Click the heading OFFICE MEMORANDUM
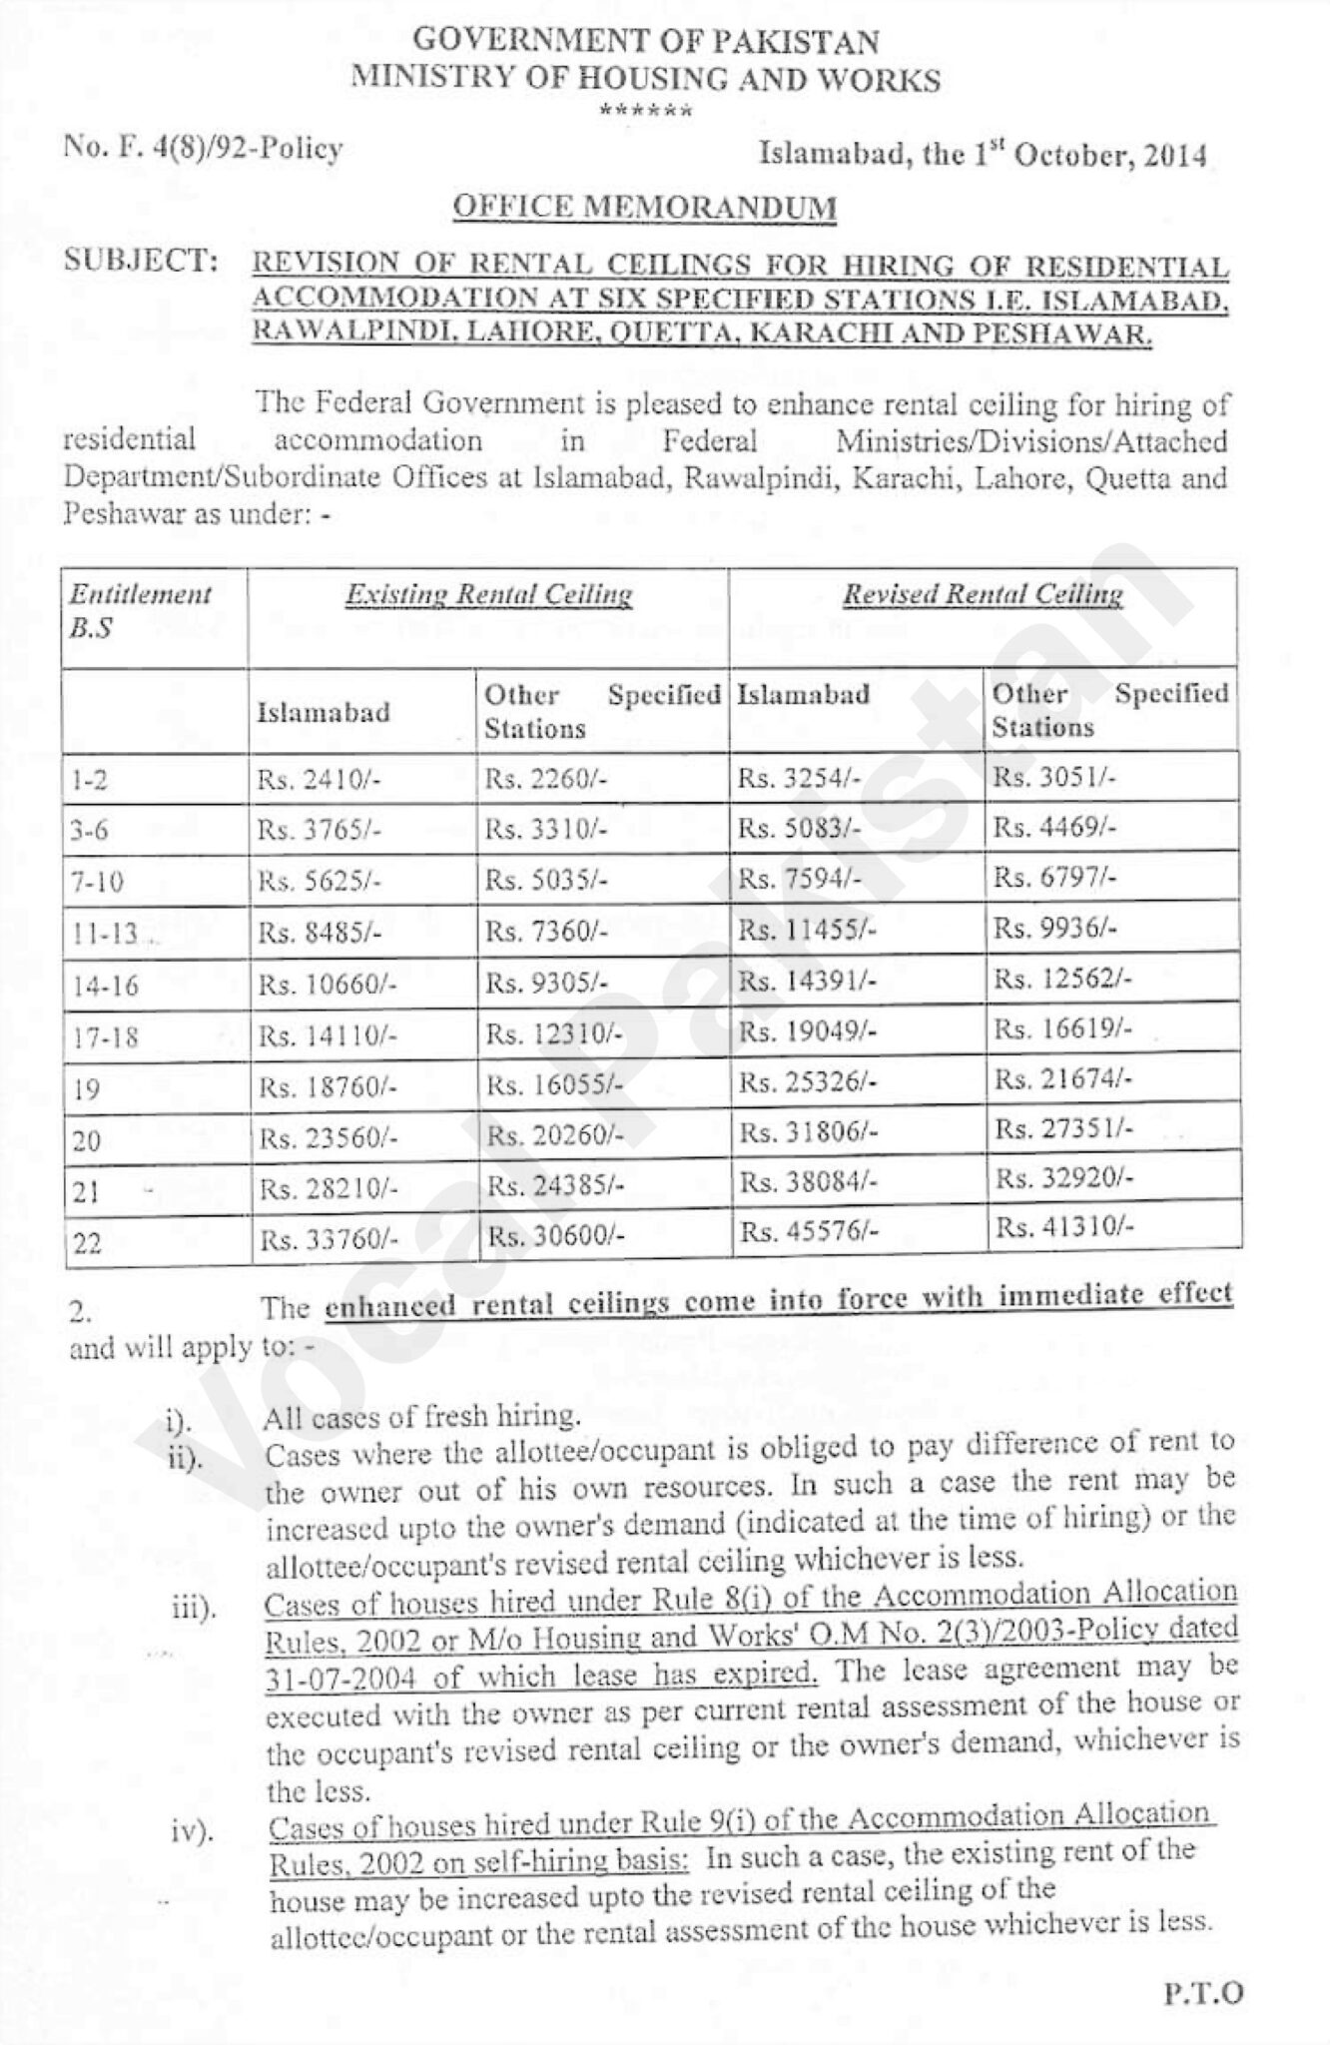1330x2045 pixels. pos(644,207)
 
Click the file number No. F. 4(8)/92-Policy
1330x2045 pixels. pos(203,149)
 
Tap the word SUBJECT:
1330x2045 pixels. pos(141,262)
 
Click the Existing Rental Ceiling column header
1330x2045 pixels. pos(488,595)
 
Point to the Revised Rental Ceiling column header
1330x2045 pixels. pos(983,595)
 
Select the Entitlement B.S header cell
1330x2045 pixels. pos(141,611)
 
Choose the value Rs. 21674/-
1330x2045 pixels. pos(1063,1080)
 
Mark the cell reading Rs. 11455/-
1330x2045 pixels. pos(809,931)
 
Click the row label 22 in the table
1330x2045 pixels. pos(88,1244)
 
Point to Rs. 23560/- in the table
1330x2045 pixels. pos(329,1137)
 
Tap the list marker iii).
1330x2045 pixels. pos(193,1610)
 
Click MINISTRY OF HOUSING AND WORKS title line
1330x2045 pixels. pos(646,79)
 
